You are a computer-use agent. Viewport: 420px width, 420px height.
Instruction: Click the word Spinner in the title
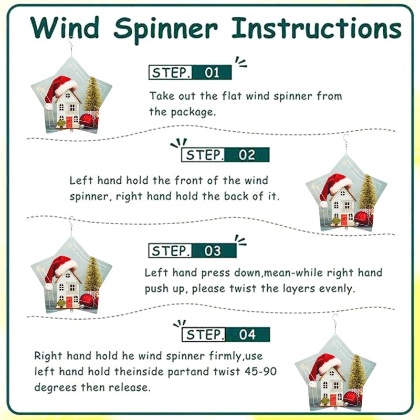pos(166,29)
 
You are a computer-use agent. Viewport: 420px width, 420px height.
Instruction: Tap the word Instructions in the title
pos(317,28)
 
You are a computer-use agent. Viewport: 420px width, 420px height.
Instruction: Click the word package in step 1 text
pos(193,112)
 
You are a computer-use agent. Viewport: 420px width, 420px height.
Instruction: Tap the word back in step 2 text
pos(236,196)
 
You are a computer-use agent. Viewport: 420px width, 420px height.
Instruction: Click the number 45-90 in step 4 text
pos(260,372)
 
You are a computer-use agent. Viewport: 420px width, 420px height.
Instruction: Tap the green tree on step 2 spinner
pos(368,192)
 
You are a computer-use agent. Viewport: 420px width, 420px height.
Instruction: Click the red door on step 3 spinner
pos(69,302)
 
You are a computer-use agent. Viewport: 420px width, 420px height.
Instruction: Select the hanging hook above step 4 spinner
pos(335,324)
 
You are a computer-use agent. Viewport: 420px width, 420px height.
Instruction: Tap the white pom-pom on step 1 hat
pos(49,107)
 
